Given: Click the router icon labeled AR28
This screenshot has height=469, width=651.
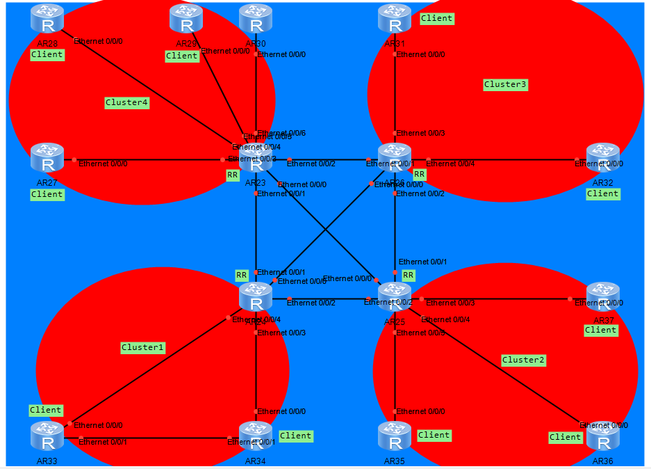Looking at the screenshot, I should click(x=47, y=20).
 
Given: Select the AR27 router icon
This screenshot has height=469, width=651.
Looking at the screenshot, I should click(x=47, y=159).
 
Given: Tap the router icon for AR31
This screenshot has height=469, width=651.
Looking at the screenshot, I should click(x=395, y=19).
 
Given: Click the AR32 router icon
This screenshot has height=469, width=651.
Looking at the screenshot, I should click(x=603, y=159).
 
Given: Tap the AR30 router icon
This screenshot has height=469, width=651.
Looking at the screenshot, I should click(x=256, y=19).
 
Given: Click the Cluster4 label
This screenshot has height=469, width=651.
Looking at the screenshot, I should click(x=127, y=102).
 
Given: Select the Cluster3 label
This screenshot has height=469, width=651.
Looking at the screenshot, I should click(x=505, y=84).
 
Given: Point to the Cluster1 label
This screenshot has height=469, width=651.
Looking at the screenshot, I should click(x=142, y=347).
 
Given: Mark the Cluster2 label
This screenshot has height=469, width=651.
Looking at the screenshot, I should click(x=523, y=360).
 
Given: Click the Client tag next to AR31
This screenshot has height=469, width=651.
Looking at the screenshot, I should click(x=437, y=18).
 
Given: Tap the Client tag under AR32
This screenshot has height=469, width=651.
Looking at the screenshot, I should click(x=602, y=193).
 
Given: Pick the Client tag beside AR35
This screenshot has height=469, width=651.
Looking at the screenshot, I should click(x=434, y=435).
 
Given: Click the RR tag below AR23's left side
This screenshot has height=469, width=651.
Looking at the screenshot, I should click(x=233, y=175).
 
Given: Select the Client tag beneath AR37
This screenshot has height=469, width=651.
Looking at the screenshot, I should click(x=601, y=330).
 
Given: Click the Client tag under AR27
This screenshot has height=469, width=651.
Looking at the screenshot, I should click(x=47, y=195).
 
